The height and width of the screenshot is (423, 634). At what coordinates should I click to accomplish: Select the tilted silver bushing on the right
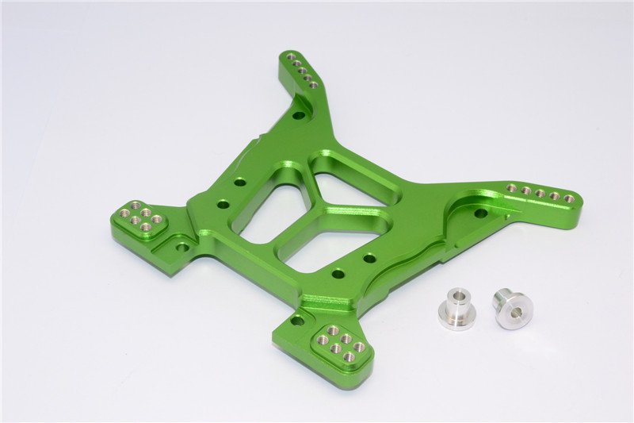pos(512,308)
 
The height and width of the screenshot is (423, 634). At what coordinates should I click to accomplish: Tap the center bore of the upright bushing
pos(456,302)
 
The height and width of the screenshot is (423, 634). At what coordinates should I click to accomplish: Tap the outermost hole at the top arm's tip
pos(291,57)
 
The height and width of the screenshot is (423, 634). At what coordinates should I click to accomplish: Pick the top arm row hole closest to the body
pos(314,84)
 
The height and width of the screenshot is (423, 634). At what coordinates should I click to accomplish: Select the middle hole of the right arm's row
pos(540,193)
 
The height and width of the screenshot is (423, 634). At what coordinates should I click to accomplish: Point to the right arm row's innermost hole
pos(511,188)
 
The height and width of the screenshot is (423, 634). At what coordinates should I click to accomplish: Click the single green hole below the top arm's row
pos(298,116)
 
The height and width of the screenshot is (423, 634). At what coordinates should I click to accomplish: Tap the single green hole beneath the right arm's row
pos(480,213)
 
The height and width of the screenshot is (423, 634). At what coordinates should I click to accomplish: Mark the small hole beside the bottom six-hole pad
pos(298,321)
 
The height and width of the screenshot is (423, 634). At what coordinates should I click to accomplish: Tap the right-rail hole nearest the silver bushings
pos(369,258)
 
